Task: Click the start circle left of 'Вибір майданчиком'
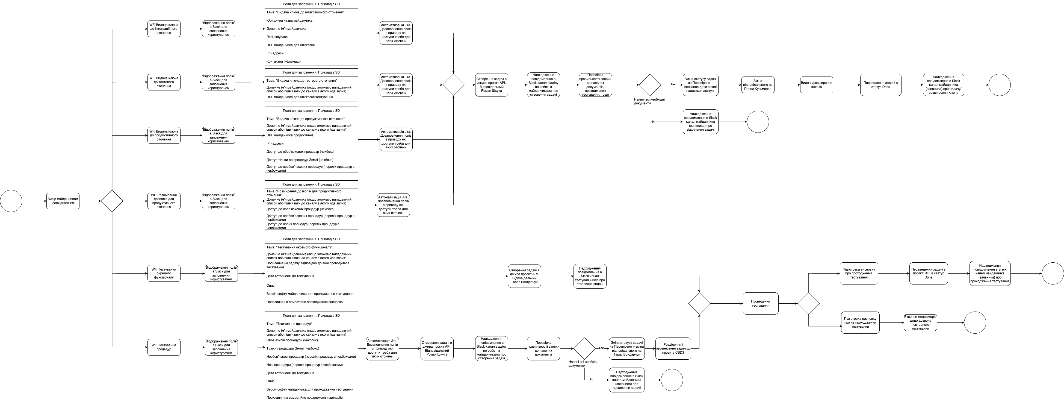[11, 201]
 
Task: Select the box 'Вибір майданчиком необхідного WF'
[63, 201]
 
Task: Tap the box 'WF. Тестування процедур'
[164, 347]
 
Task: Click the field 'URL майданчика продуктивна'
[290, 135]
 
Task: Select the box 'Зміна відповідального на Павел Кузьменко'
[758, 85]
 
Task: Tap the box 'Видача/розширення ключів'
[816, 85]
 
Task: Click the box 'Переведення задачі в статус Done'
[880, 85]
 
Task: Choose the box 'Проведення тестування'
[760, 303]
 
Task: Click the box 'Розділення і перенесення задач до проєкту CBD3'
[673, 348]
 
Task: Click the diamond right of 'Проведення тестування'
[808, 303]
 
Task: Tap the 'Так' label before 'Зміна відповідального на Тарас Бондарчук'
[601, 348]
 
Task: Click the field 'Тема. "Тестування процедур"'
[289, 324]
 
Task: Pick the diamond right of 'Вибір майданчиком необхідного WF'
[112, 201]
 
